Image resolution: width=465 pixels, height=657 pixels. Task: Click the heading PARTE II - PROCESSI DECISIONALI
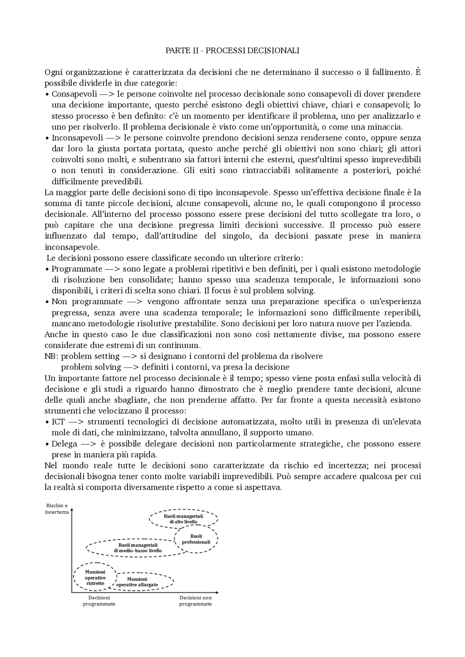(x=232, y=50)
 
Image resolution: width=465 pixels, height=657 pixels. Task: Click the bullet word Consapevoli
(x=74, y=94)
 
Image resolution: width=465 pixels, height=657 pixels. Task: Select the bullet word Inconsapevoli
(x=77, y=138)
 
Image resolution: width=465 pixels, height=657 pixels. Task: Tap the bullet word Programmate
(x=77, y=269)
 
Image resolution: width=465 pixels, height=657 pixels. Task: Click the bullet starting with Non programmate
(x=87, y=301)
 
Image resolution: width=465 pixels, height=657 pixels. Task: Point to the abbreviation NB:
(x=51, y=356)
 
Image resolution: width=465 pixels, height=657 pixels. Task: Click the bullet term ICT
(x=58, y=422)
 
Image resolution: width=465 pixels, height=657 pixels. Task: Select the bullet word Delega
(x=64, y=444)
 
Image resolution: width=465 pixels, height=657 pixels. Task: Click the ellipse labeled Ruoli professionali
(x=196, y=539)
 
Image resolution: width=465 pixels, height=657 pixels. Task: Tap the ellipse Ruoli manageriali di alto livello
(x=183, y=519)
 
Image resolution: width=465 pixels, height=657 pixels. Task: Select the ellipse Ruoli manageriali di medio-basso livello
(x=138, y=548)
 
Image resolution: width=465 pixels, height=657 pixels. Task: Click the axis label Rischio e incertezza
(x=57, y=509)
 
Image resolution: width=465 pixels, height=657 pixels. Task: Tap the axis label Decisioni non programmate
(x=195, y=601)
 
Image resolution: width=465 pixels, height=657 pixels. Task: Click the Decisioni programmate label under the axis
(x=99, y=601)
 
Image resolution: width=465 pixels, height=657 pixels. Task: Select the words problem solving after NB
(x=91, y=367)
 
